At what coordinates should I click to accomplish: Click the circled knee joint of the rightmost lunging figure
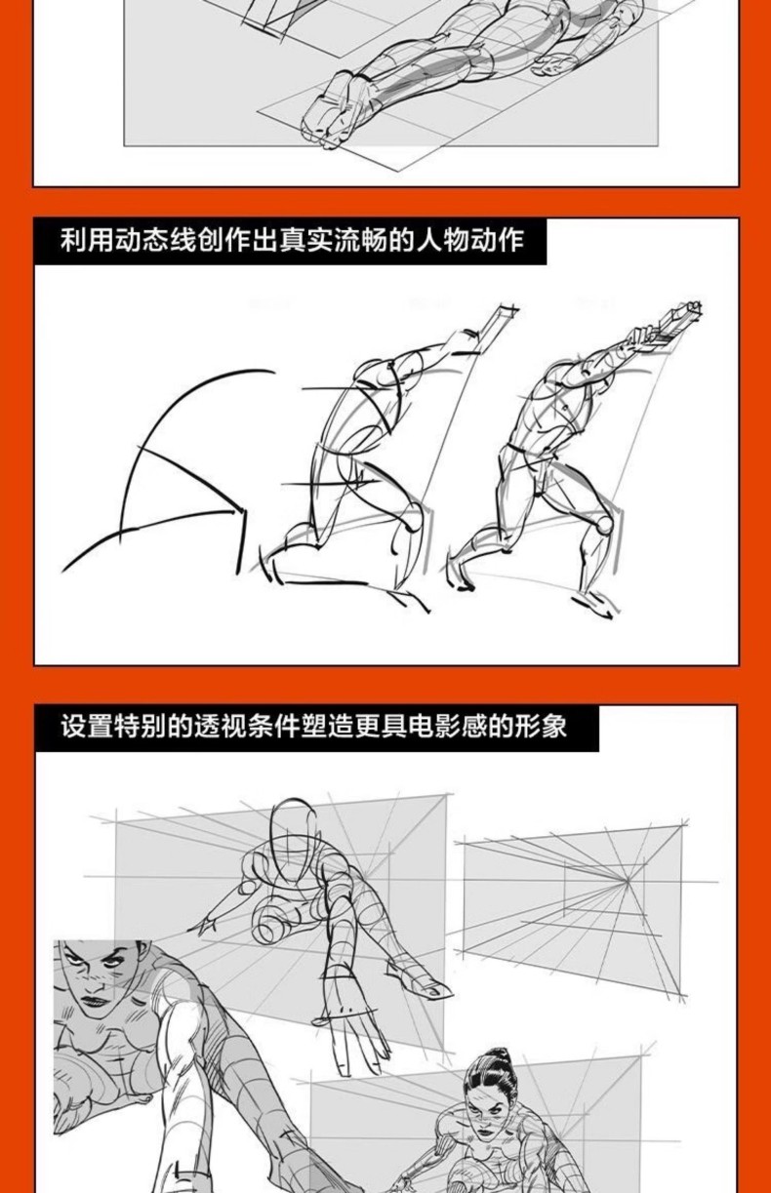click(x=604, y=524)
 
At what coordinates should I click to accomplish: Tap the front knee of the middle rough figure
click(x=411, y=522)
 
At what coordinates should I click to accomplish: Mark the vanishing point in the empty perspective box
click(x=628, y=882)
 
